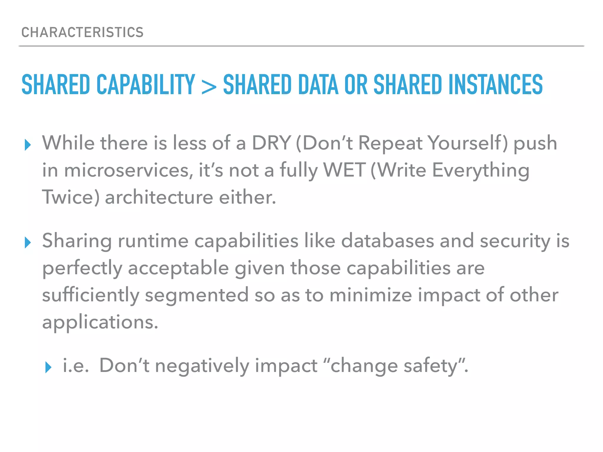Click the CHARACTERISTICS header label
pyautogui.click(x=82, y=32)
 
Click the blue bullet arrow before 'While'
pyautogui.click(x=28, y=145)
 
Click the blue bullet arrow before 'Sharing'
pyautogui.click(x=28, y=242)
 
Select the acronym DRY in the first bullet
pyautogui.click(x=271, y=143)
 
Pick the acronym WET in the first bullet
pyautogui.click(x=344, y=170)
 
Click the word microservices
pyautogui.click(x=129, y=170)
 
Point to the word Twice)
pyautogui.click(x=71, y=197)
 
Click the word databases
pyautogui.click(x=387, y=241)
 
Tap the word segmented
pyautogui.click(x=197, y=295)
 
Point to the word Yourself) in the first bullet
pyautogui.click(x=468, y=143)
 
